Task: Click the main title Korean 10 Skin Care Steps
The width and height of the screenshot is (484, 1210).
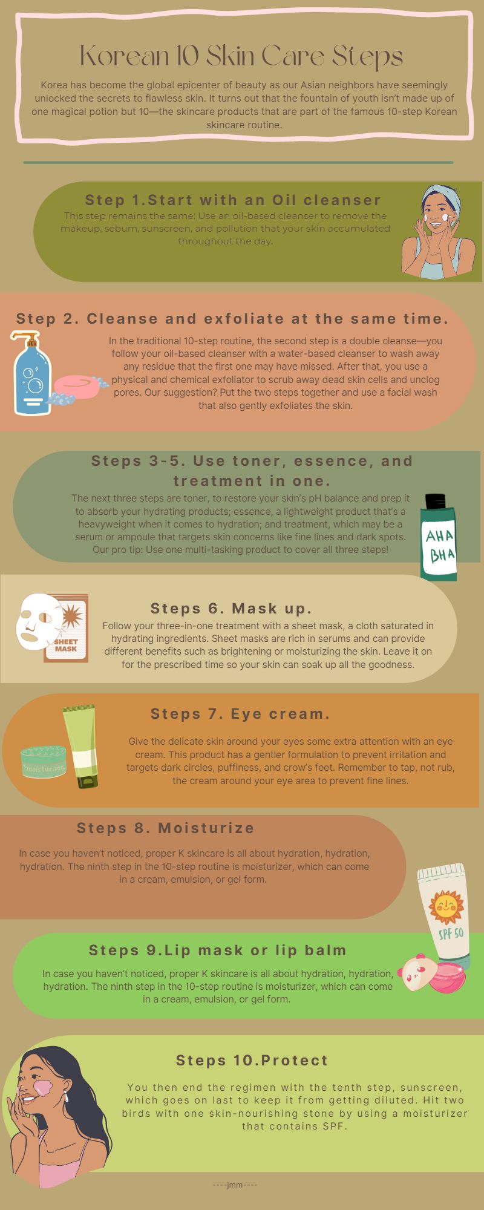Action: point(241,57)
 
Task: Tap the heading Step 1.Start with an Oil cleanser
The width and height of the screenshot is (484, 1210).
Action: point(233,200)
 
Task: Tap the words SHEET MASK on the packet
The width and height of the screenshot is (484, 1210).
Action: point(66,645)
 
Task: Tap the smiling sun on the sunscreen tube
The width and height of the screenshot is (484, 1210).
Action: point(445,906)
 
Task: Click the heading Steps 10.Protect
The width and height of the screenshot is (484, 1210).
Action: point(252,1060)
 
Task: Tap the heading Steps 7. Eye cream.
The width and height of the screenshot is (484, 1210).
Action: point(240,714)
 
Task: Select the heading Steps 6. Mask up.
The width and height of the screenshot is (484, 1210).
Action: point(231,608)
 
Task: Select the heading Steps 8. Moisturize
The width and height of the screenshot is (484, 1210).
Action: point(165,828)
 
